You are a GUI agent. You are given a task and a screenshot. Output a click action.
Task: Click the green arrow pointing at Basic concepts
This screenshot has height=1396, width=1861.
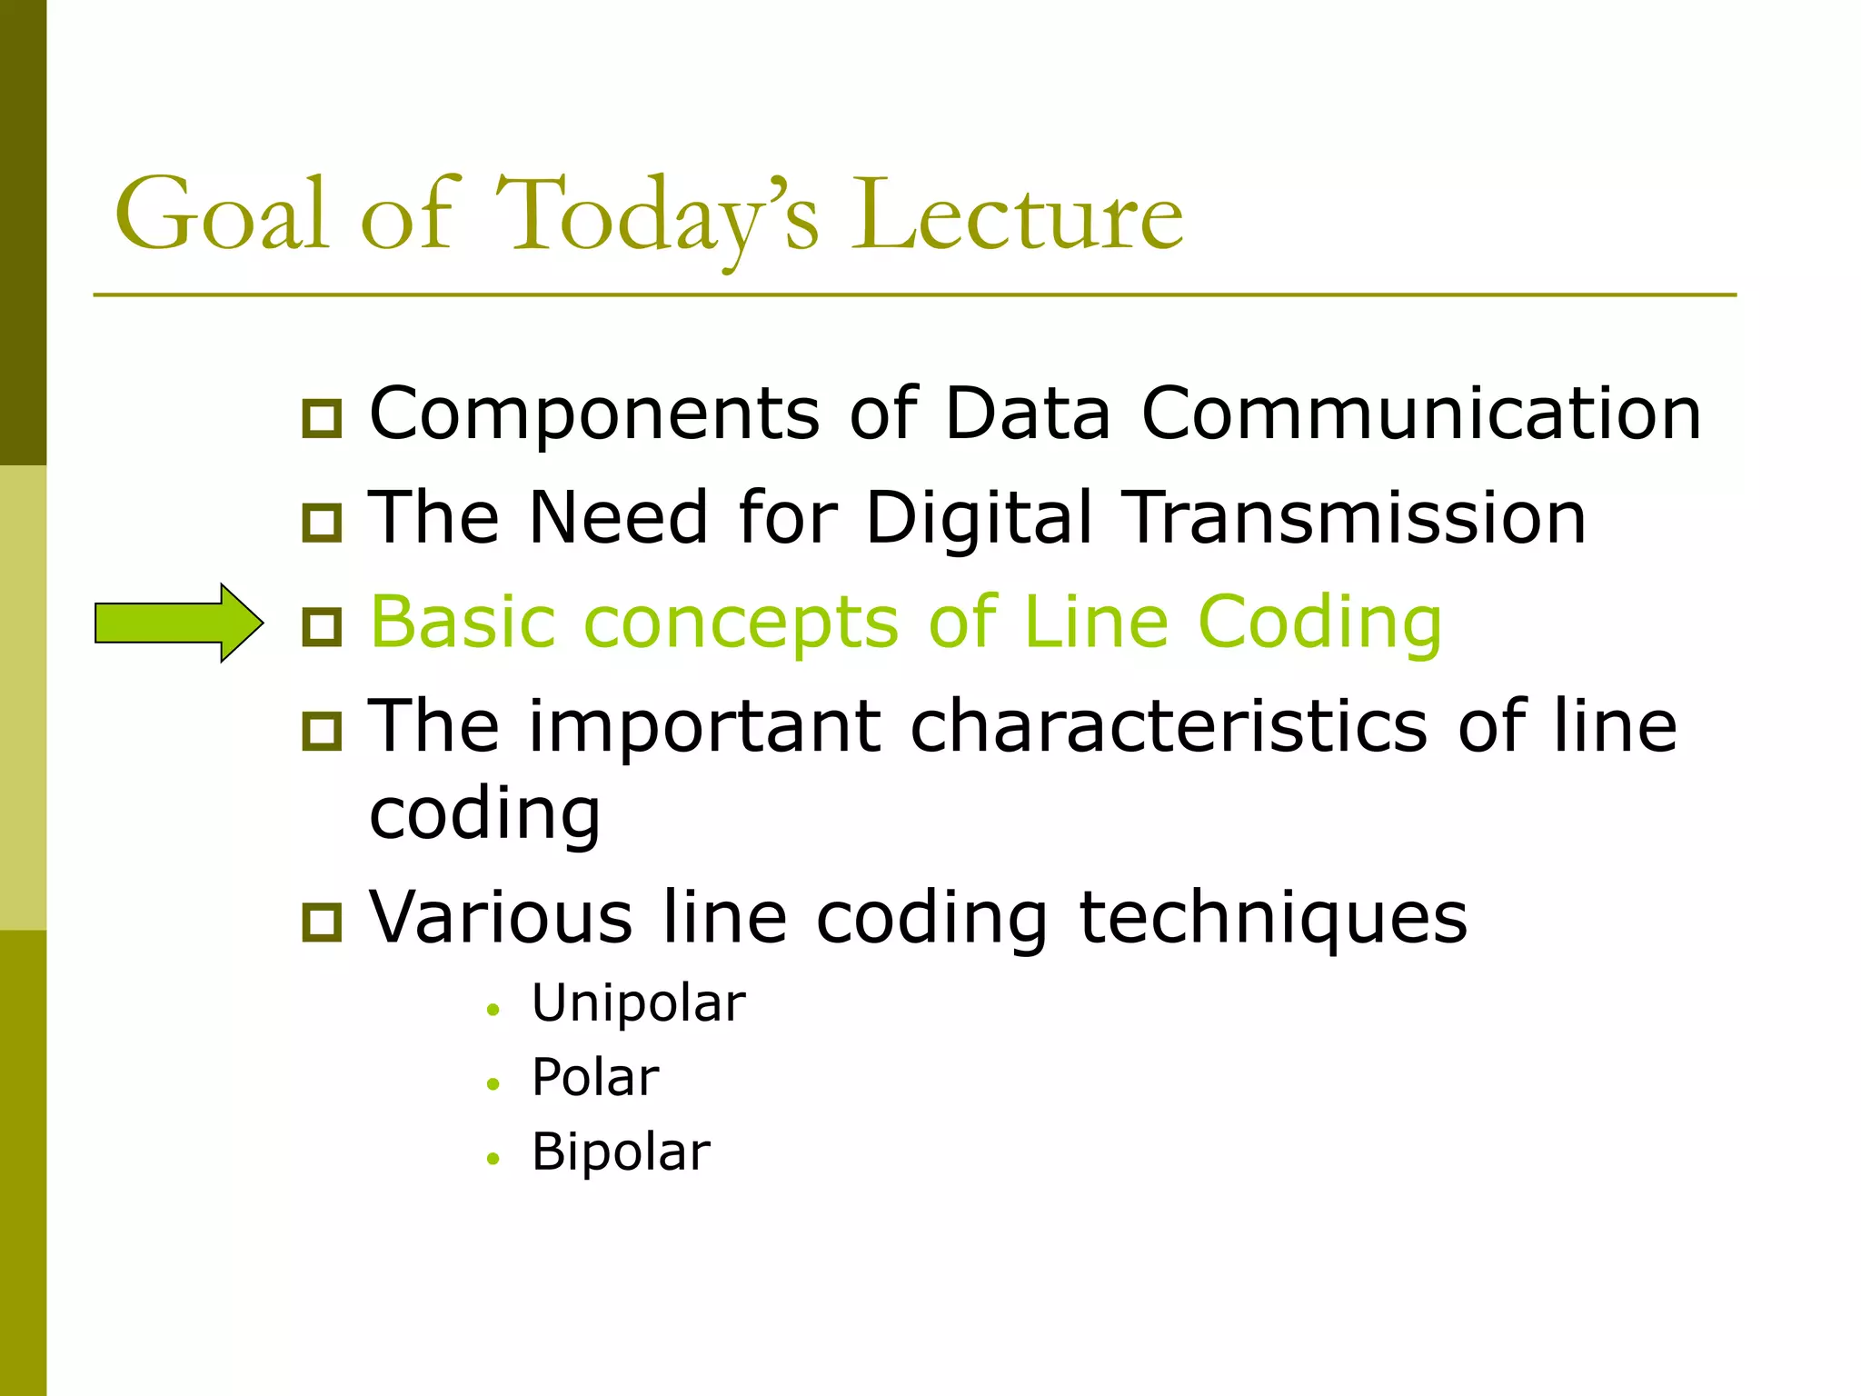(x=178, y=623)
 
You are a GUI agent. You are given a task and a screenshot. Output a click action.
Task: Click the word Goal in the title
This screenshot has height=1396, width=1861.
(x=221, y=214)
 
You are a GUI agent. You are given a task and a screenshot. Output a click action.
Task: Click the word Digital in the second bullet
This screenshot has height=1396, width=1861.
(x=979, y=519)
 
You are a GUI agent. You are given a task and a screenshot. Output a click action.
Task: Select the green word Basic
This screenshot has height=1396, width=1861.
(x=463, y=622)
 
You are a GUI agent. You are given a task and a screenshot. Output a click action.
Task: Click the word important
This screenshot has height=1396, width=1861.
(x=705, y=728)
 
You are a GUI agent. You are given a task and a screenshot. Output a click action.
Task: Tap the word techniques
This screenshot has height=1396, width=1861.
(x=1272, y=918)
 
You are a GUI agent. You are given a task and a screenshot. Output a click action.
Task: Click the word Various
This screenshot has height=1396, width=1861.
(x=501, y=917)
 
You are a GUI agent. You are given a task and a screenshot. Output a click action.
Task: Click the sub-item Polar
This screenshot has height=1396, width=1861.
(x=595, y=1079)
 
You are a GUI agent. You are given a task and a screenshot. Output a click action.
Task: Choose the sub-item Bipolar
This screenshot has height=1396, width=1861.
(x=621, y=1152)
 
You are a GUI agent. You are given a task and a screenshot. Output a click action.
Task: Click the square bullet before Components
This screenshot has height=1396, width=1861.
(x=322, y=418)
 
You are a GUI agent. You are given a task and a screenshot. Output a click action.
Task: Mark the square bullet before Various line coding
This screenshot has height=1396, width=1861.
(x=322, y=922)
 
